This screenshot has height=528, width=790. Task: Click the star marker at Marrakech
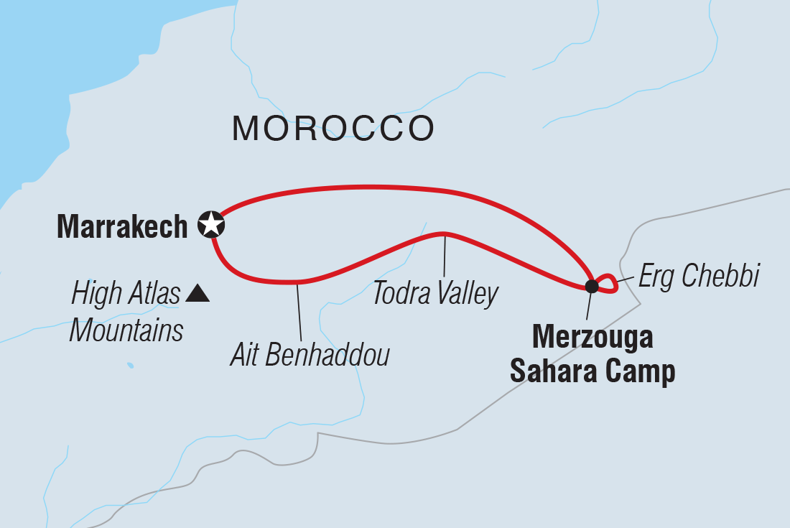[211, 225]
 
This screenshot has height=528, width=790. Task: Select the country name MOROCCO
[333, 129]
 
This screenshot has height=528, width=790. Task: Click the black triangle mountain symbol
[197, 293]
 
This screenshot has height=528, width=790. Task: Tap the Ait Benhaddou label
[310, 355]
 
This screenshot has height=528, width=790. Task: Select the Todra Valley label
[435, 294]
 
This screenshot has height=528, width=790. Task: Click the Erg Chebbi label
[698, 276]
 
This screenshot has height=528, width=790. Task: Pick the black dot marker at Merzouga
[591, 287]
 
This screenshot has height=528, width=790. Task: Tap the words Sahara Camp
[592, 371]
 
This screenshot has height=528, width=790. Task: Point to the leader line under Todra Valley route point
[445, 256]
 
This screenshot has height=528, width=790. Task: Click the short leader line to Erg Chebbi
[625, 279]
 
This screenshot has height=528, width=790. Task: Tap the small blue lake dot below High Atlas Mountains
[130, 365]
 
